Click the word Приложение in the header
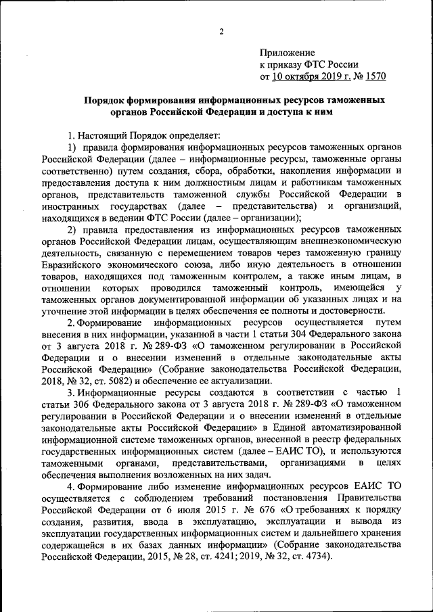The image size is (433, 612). click(x=288, y=52)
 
